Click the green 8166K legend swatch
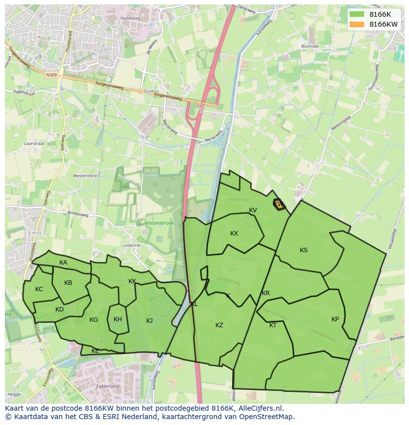click(x=356, y=14)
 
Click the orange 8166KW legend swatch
click(x=356, y=24)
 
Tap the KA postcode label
click(x=63, y=263)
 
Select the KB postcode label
click(x=68, y=283)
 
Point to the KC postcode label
click(x=39, y=289)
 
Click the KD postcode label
click(x=59, y=309)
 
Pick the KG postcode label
click(x=93, y=320)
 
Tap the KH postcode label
click(x=118, y=319)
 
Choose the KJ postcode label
click(x=150, y=321)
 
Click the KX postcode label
click(x=234, y=233)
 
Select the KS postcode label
click(x=304, y=250)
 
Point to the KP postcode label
click(x=335, y=319)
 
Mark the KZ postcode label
click(x=219, y=325)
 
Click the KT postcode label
click(x=273, y=325)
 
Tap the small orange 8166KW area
click(x=280, y=204)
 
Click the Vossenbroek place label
click(x=160, y=223)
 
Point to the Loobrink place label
click(x=131, y=245)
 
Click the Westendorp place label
click(x=85, y=176)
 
